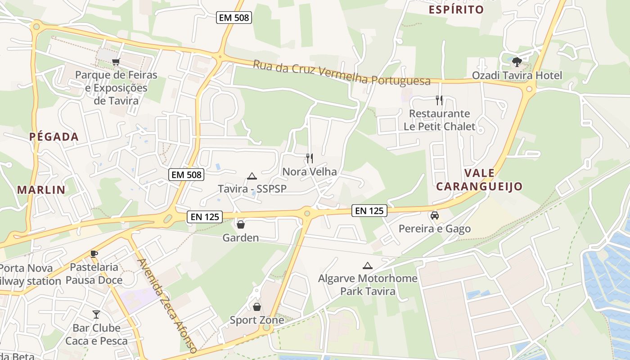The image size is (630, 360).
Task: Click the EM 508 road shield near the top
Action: coord(234,18)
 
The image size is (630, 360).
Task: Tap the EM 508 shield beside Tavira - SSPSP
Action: coord(186,175)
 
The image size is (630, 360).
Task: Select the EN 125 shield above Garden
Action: coord(205,217)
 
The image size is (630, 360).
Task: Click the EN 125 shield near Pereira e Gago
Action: coord(369,210)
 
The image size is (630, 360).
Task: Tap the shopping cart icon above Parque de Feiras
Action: coord(116,61)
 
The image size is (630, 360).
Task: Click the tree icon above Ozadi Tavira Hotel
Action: coord(517,62)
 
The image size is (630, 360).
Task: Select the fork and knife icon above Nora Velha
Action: coord(309,158)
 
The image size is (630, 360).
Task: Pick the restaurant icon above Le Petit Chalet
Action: coord(439,100)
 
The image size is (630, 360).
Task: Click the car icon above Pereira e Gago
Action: coord(434,216)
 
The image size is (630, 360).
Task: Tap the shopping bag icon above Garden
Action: coord(241,224)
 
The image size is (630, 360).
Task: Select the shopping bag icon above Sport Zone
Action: coord(256,307)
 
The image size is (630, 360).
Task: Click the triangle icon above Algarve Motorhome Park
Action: coord(368,265)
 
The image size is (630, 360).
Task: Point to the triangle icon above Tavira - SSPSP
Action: coord(252,176)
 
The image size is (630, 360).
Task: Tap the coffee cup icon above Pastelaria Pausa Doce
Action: coord(94,254)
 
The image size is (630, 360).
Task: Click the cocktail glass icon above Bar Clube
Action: coord(96,314)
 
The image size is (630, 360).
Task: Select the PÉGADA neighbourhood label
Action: coord(54,137)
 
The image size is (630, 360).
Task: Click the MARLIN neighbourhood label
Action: coord(41,190)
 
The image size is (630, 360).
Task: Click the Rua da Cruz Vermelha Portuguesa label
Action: coord(342,73)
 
